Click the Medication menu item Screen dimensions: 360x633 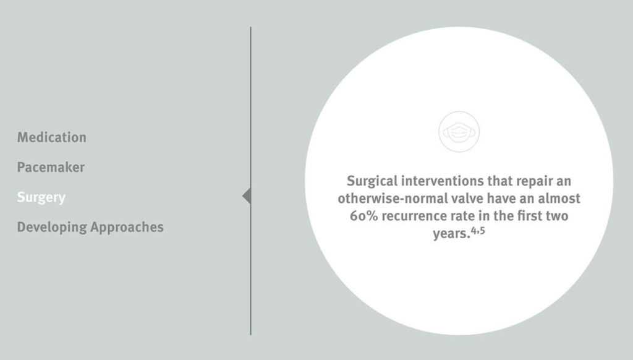coord(52,137)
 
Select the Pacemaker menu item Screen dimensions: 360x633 coord(51,167)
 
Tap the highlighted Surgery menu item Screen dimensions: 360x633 coord(41,197)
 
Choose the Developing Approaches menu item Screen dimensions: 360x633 coord(90,227)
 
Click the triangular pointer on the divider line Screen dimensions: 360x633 coord(247,196)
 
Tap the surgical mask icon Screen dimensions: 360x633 coord(459,131)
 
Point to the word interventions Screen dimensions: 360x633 coord(440,181)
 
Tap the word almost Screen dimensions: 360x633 coord(559,199)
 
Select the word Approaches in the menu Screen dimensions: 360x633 coord(127,227)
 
